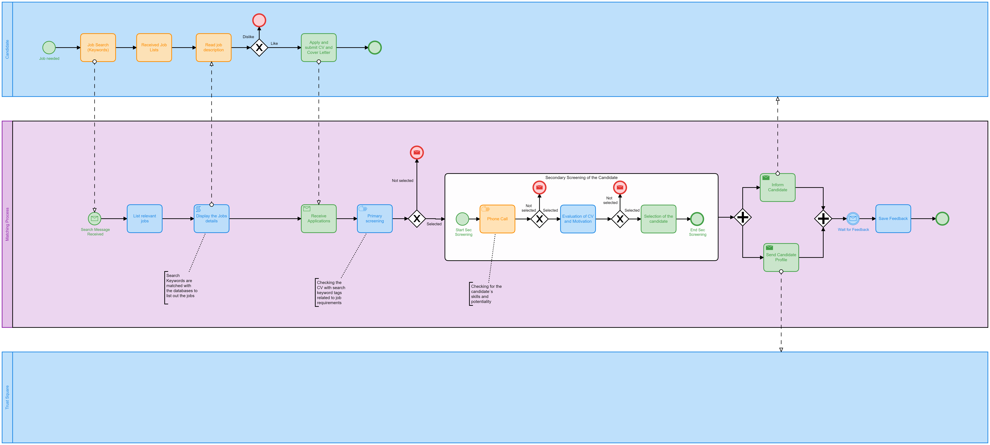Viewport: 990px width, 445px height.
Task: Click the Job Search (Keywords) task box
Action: [x=98, y=48]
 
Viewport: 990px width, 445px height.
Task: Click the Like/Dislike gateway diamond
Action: [x=259, y=48]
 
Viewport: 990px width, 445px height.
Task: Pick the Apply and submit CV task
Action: [x=319, y=48]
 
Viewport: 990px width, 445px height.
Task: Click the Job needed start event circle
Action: [x=49, y=48]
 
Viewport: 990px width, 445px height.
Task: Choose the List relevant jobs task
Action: [x=144, y=218]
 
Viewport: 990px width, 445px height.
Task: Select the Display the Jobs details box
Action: [x=211, y=218]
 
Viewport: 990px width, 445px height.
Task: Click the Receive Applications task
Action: [x=319, y=218]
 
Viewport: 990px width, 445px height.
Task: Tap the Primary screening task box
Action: [x=375, y=218]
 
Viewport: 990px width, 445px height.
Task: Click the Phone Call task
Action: [x=497, y=219]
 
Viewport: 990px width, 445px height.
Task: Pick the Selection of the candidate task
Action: [x=658, y=219]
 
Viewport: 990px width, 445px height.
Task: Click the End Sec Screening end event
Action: [x=697, y=219]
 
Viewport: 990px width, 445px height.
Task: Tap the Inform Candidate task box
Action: [x=777, y=187]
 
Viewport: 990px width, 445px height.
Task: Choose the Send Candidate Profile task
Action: [x=781, y=257]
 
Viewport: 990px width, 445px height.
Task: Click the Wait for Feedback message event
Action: [x=853, y=218]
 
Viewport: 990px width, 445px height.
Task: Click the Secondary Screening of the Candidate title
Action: [x=581, y=177]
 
